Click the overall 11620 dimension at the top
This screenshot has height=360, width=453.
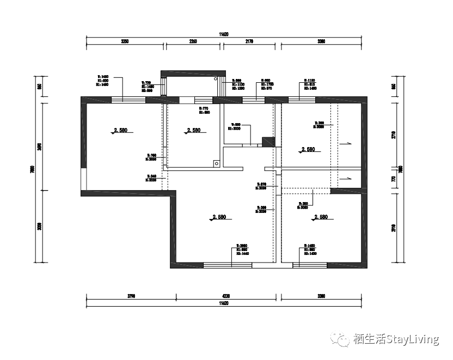224,34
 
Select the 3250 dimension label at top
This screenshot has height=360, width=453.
125,41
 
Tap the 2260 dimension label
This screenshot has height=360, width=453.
193,41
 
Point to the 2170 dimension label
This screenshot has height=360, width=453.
250,41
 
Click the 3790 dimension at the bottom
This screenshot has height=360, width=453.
131,296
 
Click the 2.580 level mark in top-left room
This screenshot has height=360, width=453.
120,130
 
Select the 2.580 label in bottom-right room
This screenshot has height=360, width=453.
320,217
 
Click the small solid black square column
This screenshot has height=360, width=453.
268,142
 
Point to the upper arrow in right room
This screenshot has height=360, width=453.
345,143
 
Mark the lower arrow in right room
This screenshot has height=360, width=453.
345,178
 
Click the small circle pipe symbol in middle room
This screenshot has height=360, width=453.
216,162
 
